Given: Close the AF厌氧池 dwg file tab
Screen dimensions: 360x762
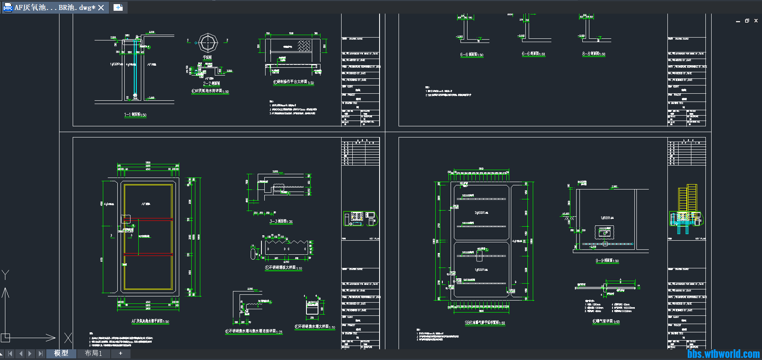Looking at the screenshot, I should [101, 8].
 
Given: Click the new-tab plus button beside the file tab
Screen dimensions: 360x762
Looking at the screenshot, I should [118, 7].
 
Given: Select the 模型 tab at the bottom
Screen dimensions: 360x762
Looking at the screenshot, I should [61, 353].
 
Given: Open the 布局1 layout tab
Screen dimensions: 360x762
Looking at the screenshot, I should [93, 353].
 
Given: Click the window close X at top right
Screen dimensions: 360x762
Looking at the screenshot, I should [756, 21].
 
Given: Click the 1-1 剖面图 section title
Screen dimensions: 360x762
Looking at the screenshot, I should [135, 115].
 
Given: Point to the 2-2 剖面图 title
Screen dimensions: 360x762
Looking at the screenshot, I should [211, 83].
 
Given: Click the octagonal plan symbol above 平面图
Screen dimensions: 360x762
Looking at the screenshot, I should [208, 43].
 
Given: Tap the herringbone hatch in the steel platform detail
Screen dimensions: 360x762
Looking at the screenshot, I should [304, 45].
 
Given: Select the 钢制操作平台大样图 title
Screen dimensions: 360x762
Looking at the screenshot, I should [293, 82].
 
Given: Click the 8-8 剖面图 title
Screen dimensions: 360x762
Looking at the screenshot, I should [593, 54].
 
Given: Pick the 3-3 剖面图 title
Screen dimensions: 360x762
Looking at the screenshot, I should [281, 222].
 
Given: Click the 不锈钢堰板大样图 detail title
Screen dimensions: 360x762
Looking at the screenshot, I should [283, 268].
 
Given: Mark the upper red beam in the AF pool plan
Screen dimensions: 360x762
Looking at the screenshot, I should [148, 219].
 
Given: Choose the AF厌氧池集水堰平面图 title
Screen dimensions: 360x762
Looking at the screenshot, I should [150, 321].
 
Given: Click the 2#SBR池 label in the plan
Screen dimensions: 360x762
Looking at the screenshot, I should [481, 213].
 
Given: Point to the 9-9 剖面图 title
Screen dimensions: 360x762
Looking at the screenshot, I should [607, 261].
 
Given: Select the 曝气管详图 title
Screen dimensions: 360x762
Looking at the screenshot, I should [606, 322].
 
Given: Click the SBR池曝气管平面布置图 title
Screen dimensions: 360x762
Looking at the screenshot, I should [484, 323].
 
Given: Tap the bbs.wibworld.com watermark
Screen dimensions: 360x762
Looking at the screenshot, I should [723, 354].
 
